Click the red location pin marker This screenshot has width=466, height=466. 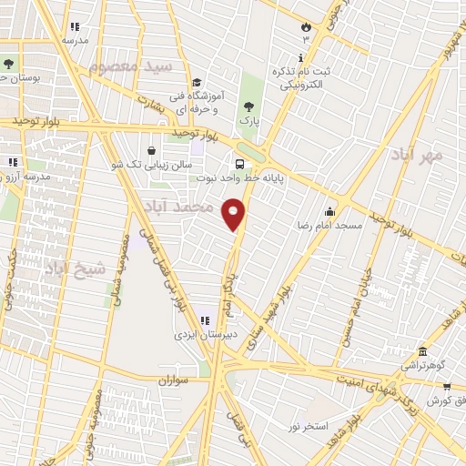234,213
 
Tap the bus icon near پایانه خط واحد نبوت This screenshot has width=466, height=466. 239,165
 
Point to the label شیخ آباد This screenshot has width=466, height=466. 76,268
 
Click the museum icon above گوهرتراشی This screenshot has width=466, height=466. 421,351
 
